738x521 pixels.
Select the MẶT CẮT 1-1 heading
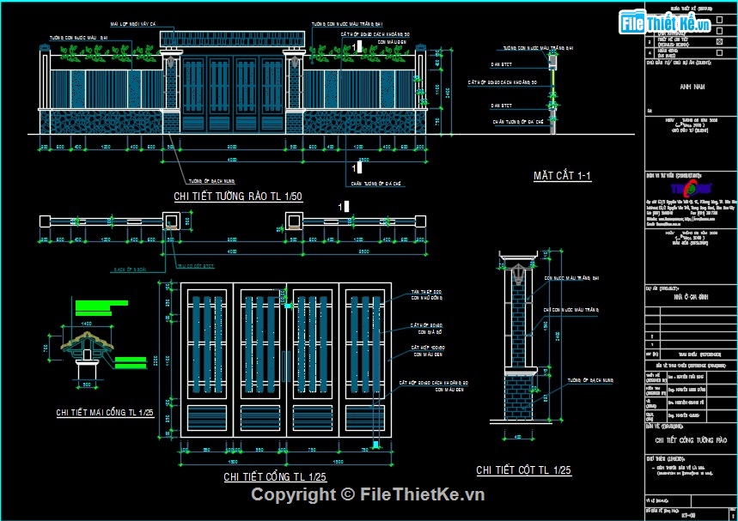pos(562,176)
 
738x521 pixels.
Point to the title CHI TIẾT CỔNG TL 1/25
pos(275,476)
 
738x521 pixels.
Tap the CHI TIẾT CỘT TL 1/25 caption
pos(523,470)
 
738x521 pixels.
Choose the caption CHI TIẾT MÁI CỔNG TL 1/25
pos(105,413)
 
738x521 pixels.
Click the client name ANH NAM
pos(691,87)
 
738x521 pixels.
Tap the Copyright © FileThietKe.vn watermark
pos(368,494)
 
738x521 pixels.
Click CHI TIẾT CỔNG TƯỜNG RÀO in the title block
pos(691,440)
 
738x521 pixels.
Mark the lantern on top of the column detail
pos(518,275)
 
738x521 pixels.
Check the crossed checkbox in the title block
pos(718,40)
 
